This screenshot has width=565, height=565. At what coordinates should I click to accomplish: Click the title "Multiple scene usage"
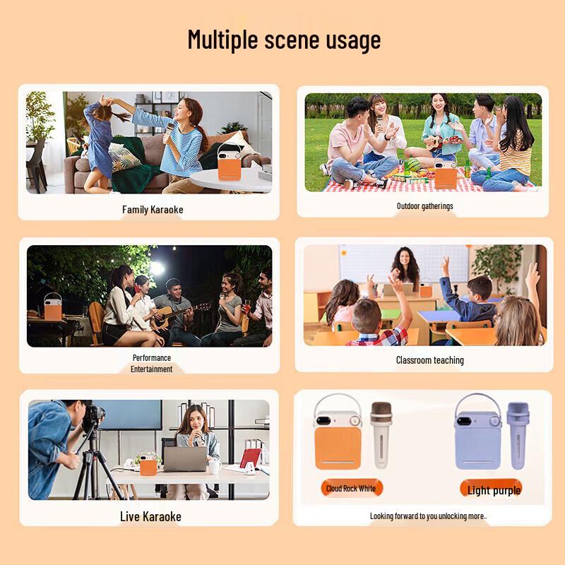pos(284,40)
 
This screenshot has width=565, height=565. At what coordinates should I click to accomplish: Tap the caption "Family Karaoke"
pos(153,209)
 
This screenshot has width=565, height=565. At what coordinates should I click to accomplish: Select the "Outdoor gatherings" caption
pos(424,206)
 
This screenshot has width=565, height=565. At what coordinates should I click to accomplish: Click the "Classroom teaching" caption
pos(429,360)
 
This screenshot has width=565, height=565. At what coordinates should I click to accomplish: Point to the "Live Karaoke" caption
pos(150,516)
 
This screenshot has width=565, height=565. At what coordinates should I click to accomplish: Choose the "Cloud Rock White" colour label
pos(350,488)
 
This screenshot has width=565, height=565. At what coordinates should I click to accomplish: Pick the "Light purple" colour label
pos(494,490)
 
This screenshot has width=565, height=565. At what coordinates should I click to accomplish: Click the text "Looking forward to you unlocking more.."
pos(428,516)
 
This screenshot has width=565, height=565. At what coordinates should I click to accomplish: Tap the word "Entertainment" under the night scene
pos(151,369)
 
